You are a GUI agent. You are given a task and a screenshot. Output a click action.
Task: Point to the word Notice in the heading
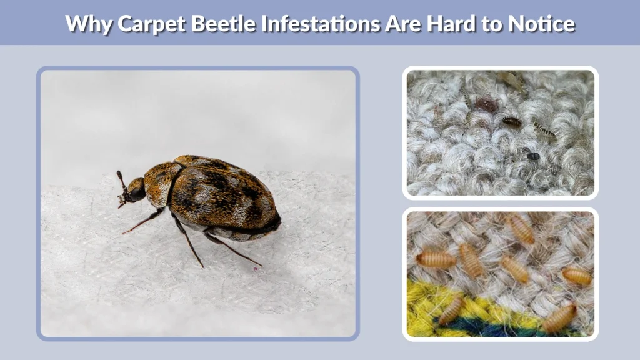[x=541, y=23]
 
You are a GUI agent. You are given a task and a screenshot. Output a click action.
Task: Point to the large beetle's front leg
[x=144, y=222]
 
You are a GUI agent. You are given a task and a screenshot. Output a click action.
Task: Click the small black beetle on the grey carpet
[x=533, y=156]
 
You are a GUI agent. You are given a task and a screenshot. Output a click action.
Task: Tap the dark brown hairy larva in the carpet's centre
[x=511, y=121]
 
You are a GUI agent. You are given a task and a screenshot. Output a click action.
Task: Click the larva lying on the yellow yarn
[x=451, y=310]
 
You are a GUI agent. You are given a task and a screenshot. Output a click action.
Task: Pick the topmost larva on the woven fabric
[x=520, y=229]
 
